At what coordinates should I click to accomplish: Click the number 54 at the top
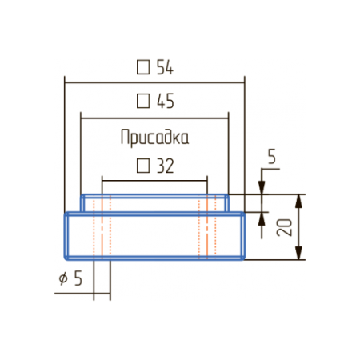point(165,67)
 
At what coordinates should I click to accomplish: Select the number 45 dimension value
point(166,101)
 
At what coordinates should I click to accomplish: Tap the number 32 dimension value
point(166,166)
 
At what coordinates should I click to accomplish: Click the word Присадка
point(154,138)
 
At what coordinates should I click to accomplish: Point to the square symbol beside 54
point(143,67)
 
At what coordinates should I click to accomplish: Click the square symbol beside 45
point(143,101)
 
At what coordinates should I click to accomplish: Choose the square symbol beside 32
point(143,166)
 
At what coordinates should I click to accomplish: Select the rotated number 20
point(284,227)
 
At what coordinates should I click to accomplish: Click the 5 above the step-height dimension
point(272,156)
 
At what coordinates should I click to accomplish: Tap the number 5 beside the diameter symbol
point(78,278)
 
